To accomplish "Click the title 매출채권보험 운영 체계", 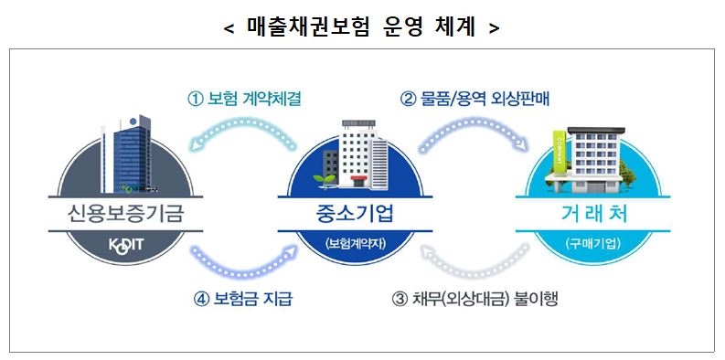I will point(362,26).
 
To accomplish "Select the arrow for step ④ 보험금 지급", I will point(242,265).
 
